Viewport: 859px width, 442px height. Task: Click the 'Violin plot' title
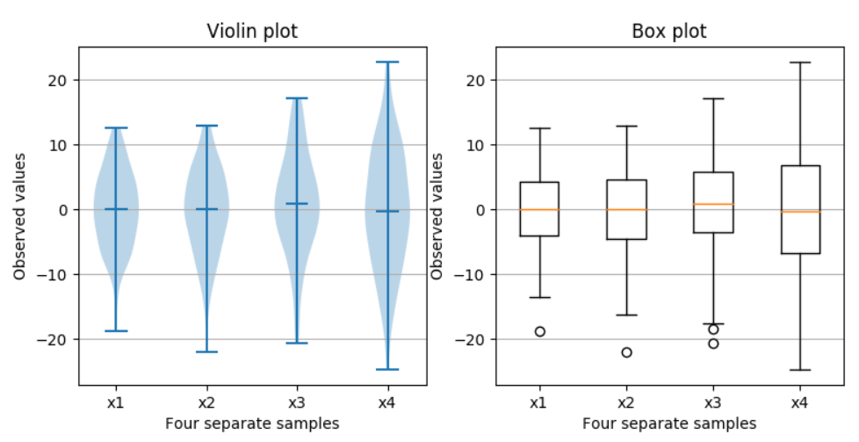pos(252,32)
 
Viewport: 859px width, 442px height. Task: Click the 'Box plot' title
pos(669,32)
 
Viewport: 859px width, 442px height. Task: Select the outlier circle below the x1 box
pos(539,331)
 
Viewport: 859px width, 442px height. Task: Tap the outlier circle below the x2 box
pos(626,352)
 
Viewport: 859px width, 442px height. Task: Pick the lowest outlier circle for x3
pos(713,344)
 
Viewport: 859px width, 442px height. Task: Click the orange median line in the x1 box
pos(539,209)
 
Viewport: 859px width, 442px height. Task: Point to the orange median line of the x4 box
pos(800,212)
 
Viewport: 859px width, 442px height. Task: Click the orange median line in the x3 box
pos(713,204)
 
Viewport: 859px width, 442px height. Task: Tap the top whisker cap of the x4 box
pos(800,62)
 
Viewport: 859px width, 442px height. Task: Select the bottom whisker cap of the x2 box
pos(626,315)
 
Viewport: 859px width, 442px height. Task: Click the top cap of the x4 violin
pos(387,62)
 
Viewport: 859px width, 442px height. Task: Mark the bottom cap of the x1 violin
pos(115,331)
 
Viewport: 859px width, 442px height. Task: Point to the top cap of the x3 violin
pos(297,98)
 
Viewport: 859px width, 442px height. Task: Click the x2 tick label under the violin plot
pos(206,402)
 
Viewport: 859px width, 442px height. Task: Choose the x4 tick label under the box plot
pos(799,402)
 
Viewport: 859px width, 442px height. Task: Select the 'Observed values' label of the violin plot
pos(19,216)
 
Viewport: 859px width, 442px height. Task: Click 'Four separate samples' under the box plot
pos(669,423)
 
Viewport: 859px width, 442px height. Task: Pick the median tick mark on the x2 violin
pos(206,209)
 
